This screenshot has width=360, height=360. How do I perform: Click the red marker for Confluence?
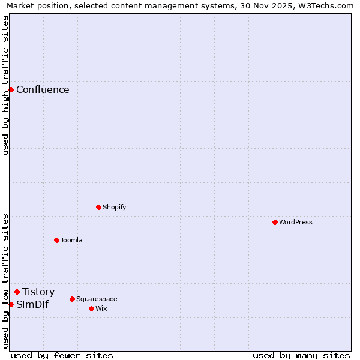click(x=11, y=89)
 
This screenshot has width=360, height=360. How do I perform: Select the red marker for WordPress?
click(x=275, y=222)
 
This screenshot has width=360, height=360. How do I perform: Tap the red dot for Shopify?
click(x=98, y=207)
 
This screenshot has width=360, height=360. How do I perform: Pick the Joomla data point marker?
click(x=56, y=240)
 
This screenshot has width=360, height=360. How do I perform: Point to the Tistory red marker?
click(x=17, y=292)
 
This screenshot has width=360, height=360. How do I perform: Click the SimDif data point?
click(x=11, y=304)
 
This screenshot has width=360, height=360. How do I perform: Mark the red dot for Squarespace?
click(x=72, y=299)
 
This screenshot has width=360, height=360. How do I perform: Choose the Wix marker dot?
click(x=91, y=308)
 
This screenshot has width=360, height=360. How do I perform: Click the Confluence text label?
click(x=43, y=90)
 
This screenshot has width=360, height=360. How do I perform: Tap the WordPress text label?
click(x=296, y=222)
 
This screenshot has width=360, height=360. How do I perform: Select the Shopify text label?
click(x=114, y=207)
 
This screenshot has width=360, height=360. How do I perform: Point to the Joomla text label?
click(x=71, y=240)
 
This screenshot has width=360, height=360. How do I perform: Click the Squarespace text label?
click(x=97, y=299)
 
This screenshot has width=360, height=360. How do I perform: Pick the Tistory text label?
click(x=38, y=292)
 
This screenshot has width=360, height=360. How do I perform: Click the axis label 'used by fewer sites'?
click(x=62, y=355)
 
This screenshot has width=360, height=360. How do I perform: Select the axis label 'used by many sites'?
click(x=301, y=355)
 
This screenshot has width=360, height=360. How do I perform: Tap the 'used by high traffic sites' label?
click(x=5, y=85)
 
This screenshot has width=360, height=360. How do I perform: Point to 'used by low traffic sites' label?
click(x=5, y=281)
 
